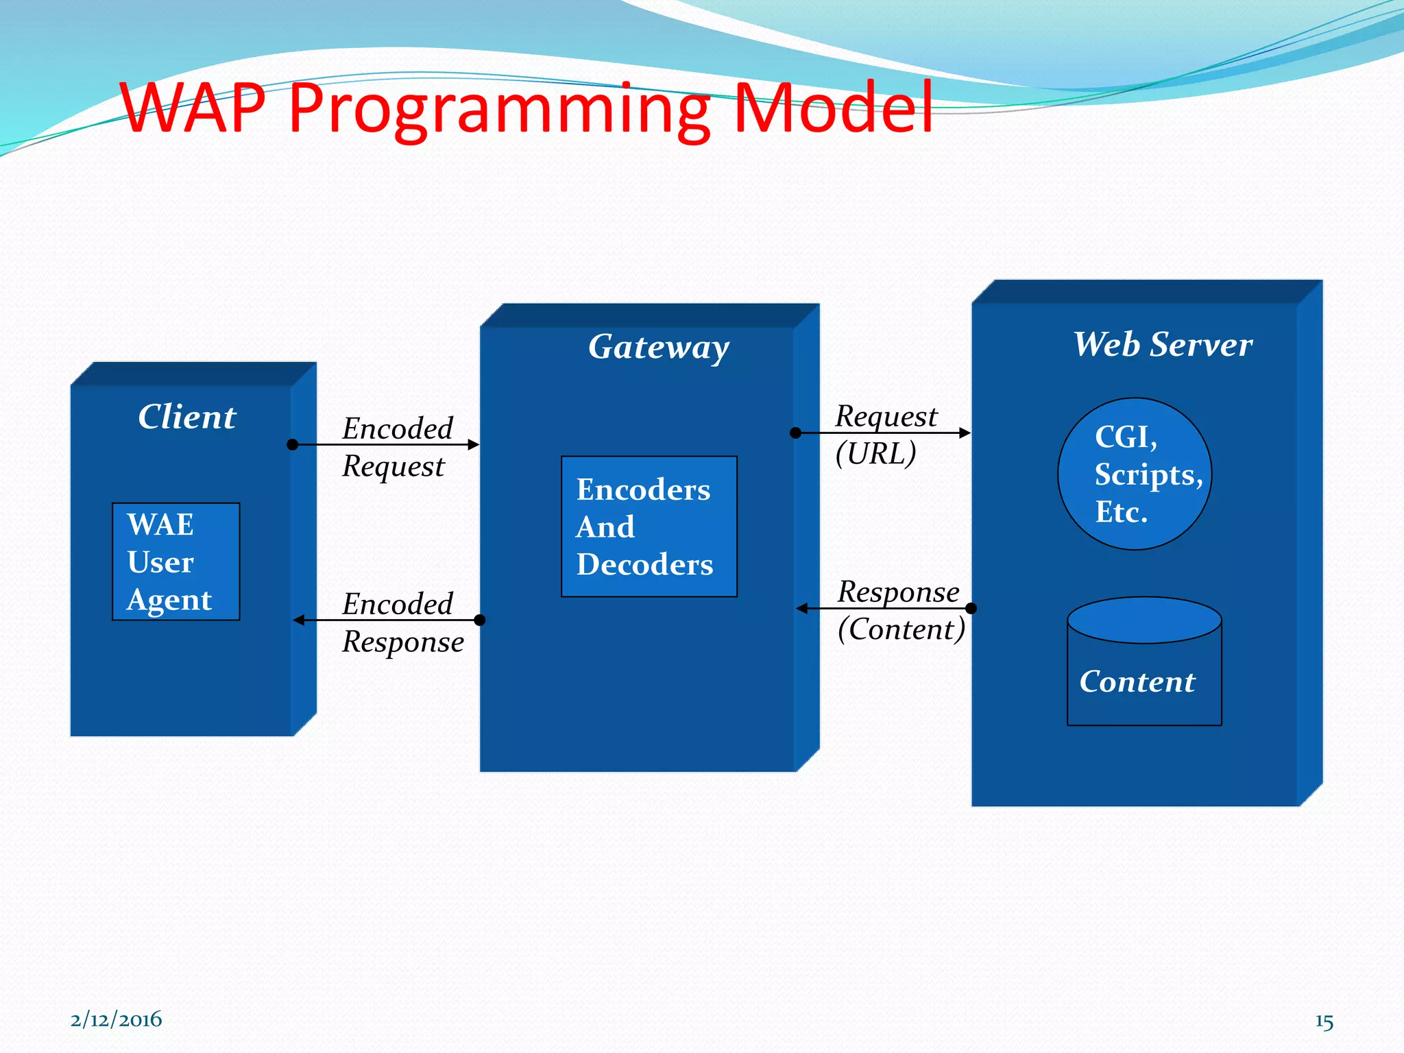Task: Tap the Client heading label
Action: pyautogui.click(x=186, y=417)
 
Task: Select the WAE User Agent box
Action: pyautogui.click(x=176, y=561)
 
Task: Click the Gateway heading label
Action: pyautogui.click(x=658, y=347)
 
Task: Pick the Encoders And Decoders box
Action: pyautogui.click(x=649, y=526)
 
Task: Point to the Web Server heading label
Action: pyautogui.click(x=1163, y=344)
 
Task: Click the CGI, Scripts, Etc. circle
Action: pyautogui.click(x=1135, y=474)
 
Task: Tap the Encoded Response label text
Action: pyautogui.click(x=402, y=622)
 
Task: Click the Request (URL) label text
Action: pyautogui.click(x=884, y=435)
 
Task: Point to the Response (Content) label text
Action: pyautogui.click(x=900, y=610)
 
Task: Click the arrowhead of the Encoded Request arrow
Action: pyautogui.click(x=474, y=445)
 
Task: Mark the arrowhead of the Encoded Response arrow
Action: pyautogui.click(x=299, y=620)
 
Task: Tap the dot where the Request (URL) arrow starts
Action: pyautogui.click(x=795, y=433)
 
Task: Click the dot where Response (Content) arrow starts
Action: pyautogui.click(x=971, y=608)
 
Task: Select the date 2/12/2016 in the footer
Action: pyautogui.click(x=116, y=1019)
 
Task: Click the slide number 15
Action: pyautogui.click(x=1324, y=1021)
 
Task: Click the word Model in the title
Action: pyautogui.click(x=833, y=108)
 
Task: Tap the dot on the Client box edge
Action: pyautogui.click(x=293, y=445)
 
